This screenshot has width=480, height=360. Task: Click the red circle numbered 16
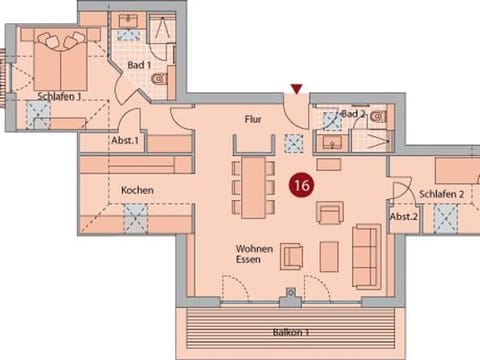pyautogui.click(x=299, y=185)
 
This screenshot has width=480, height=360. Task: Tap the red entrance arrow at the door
pyautogui.click(x=295, y=90)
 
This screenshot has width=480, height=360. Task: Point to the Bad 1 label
pyautogui.click(x=139, y=66)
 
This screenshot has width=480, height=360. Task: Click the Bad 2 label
pyautogui.click(x=353, y=115)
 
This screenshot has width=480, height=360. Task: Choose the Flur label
pyautogui.click(x=253, y=119)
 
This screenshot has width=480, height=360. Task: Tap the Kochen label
pyautogui.click(x=136, y=190)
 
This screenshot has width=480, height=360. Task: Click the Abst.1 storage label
pyautogui.click(x=125, y=141)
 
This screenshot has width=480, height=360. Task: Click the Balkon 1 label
pyautogui.click(x=287, y=330)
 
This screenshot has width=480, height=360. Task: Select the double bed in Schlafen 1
pyautogui.click(x=62, y=60)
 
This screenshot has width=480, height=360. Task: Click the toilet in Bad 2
pyautogui.click(x=375, y=118)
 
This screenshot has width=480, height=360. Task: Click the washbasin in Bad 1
pyautogui.click(x=129, y=21)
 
